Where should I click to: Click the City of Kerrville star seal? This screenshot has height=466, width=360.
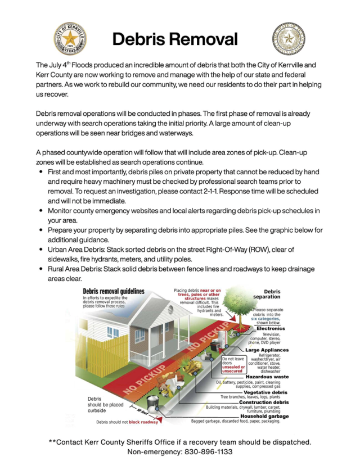coord(70,39)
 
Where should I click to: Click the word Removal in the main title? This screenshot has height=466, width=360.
coord(206,39)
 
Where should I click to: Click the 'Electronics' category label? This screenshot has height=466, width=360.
coord(271,328)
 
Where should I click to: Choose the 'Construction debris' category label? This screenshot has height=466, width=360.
coord(264,402)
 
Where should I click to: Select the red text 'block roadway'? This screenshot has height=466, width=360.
coord(143,422)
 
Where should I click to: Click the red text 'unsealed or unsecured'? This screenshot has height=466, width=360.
coord(233,368)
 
